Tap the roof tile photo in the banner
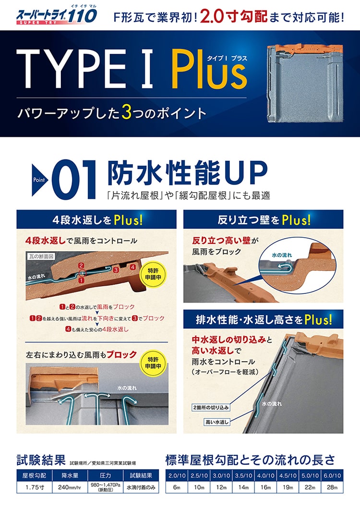[305, 84]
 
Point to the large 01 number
[74, 180]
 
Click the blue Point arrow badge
[40, 180]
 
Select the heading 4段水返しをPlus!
[96, 220]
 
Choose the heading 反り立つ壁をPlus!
[264, 220]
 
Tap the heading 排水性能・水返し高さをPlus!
[264, 319]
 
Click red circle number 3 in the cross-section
[116, 269]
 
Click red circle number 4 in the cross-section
[132, 267]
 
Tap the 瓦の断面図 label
[41, 256]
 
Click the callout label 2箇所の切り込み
[211, 407]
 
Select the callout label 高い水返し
[217, 422]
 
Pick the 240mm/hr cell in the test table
[70, 487]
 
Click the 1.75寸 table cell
[35, 487]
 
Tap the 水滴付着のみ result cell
[141, 487]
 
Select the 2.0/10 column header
[177, 475]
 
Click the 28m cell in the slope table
[332, 487]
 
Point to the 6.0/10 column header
[332, 475]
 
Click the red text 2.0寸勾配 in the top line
[233, 16]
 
